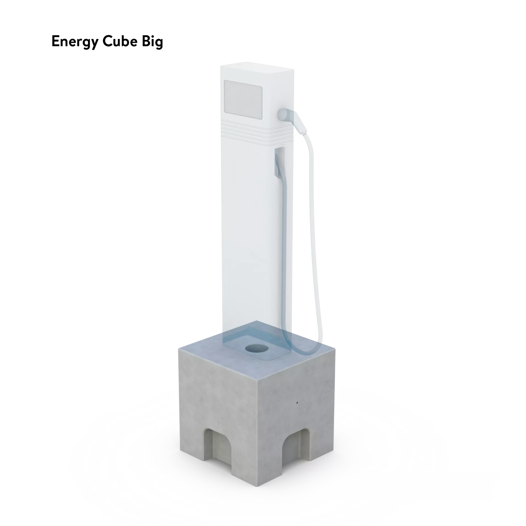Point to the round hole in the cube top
257,349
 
